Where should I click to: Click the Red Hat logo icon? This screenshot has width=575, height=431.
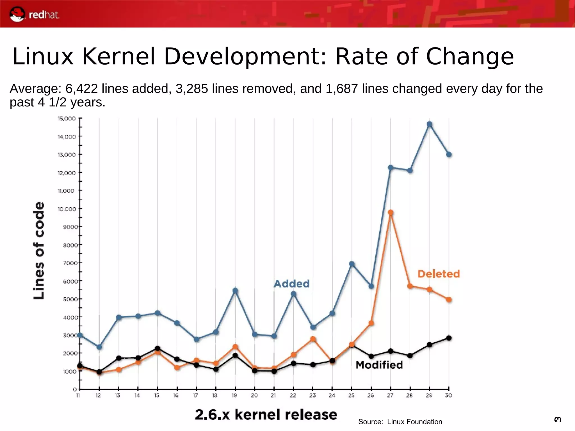[x=17, y=14]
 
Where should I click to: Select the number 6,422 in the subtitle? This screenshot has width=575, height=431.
[x=81, y=89]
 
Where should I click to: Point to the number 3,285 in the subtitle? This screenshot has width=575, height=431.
[x=192, y=89]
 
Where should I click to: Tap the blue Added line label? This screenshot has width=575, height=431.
[x=291, y=284]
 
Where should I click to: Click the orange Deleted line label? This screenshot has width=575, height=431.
[x=439, y=274]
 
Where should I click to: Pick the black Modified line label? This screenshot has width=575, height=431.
[x=379, y=365]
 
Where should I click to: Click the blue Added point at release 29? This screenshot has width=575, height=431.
[x=429, y=124]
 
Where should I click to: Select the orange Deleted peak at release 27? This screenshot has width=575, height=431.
[x=390, y=213]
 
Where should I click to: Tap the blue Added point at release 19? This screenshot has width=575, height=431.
[x=235, y=291]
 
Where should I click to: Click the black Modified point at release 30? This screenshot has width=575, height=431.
[x=449, y=338]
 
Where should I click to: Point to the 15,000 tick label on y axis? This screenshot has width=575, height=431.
[x=67, y=118]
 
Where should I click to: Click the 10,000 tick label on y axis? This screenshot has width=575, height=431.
[x=67, y=209]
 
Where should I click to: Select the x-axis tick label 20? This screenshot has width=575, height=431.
[x=254, y=395]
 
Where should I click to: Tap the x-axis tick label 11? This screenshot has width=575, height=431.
[x=78, y=395]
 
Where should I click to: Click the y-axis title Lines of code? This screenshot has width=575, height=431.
[x=39, y=250]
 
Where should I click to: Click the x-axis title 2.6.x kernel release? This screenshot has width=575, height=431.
[x=266, y=414]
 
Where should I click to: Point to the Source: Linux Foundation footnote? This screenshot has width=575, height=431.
[x=400, y=422]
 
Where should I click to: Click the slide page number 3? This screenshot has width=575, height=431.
[x=558, y=419]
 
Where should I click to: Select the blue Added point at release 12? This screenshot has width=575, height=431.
[x=99, y=347]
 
